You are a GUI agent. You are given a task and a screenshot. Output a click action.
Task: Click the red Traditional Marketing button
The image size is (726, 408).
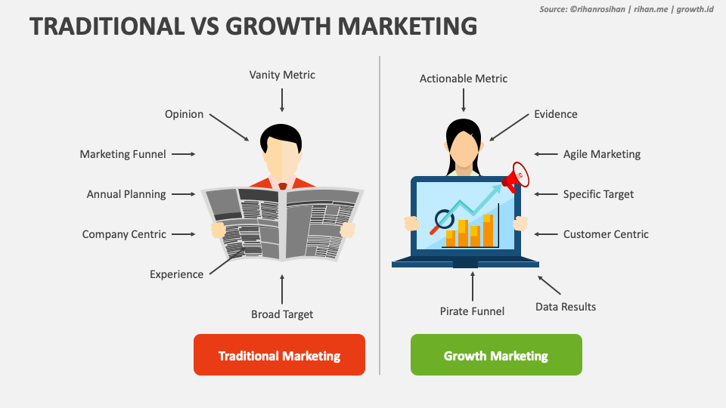coord(279,355)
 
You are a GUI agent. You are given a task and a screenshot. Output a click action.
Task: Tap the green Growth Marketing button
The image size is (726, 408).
coord(496,355)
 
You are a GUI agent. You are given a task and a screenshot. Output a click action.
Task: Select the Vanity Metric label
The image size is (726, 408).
coord(282,75)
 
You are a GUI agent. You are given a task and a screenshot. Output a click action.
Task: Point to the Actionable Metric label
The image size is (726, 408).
coord(464,79)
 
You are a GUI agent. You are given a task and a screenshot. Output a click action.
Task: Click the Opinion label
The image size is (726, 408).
coord(185,114)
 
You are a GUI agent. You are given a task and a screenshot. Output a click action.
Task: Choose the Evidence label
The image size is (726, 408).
coord(556,114)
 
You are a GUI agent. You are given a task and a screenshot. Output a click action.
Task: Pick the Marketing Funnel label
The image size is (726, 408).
coord(123,154)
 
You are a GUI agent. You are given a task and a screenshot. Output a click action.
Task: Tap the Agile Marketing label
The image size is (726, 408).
coord(602,154)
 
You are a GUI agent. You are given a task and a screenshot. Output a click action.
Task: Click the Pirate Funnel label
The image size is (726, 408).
coord(472,311)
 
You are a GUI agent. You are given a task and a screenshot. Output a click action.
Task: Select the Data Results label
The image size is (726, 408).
coord(566,307)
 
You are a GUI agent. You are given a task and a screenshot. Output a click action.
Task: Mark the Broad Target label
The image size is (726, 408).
coord(282,314)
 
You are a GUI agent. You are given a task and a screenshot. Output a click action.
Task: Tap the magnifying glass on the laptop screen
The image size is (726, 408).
coord(441,221)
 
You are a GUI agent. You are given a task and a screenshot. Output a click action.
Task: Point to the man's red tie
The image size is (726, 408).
coord(282,185)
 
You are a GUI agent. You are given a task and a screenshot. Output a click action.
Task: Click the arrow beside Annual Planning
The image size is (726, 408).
coord(184,194)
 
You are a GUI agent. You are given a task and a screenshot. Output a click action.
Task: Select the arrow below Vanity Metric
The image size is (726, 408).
coord(282,100)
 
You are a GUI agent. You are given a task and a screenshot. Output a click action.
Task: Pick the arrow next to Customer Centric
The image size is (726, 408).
coord(545,234)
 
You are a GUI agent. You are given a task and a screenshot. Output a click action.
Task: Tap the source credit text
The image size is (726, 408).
coord(626,9)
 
